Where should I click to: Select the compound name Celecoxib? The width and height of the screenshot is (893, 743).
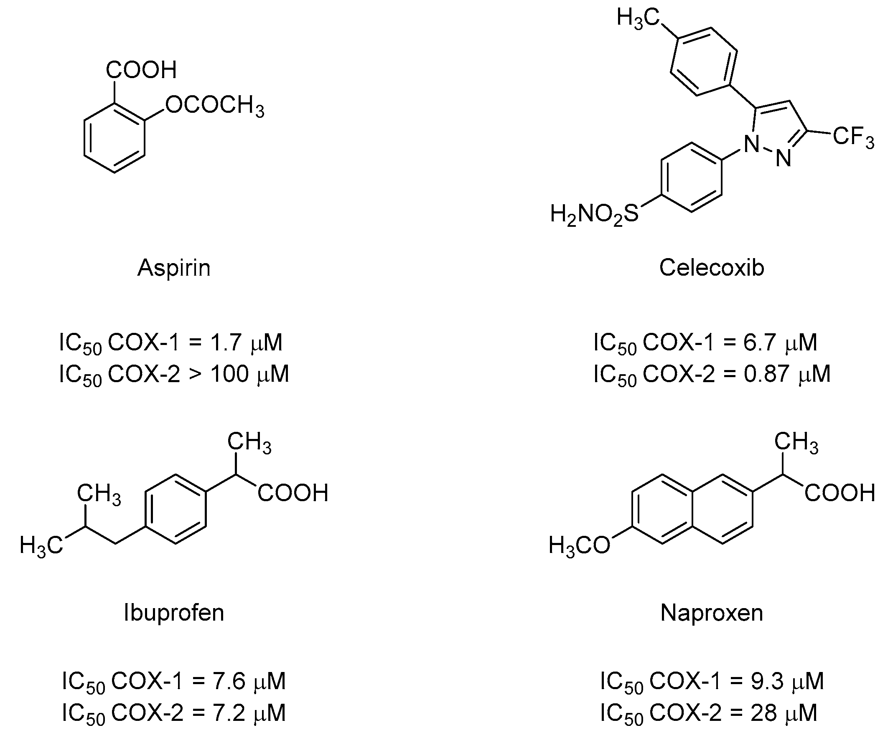click(711, 268)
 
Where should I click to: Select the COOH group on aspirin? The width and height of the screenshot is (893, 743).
click(141, 70)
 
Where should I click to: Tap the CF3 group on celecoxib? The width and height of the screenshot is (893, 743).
click(853, 137)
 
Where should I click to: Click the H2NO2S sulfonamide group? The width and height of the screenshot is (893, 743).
click(594, 214)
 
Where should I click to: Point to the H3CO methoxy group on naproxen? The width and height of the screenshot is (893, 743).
click(579, 545)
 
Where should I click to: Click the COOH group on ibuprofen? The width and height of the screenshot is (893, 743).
click(293, 494)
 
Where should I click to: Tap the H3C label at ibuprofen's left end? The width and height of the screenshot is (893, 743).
click(41, 545)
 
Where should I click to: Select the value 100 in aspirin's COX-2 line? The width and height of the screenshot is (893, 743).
click(229, 375)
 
